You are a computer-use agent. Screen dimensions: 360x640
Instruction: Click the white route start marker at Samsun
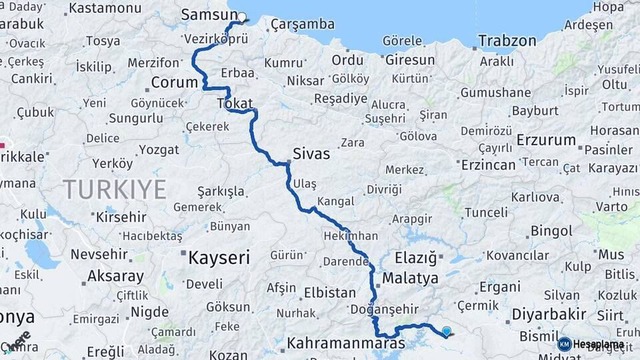pyautogui.click(x=242, y=17)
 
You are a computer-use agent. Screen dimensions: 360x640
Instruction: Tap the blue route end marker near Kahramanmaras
pyautogui.click(x=446, y=331)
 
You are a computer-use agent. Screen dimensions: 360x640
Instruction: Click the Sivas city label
pyautogui.click(x=311, y=154)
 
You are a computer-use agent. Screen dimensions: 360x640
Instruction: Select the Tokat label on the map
pyautogui.click(x=235, y=104)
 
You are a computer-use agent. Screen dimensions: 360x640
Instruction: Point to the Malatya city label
pyautogui.click(x=411, y=278)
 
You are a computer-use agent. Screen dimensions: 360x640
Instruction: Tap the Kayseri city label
pyautogui.click(x=219, y=257)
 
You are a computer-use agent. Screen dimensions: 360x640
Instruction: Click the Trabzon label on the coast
pyautogui.click(x=507, y=41)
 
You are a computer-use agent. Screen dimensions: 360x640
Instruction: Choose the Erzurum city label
pyautogui.click(x=547, y=140)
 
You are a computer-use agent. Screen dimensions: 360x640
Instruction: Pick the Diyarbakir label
pyautogui.click(x=549, y=314)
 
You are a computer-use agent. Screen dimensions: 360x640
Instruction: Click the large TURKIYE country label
pyautogui.click(x=115, y=190)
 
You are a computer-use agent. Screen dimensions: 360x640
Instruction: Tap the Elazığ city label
pyautogui.click(x=415, y=257)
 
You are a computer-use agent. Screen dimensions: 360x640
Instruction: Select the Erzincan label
pyautogui.click(x=489, y=165)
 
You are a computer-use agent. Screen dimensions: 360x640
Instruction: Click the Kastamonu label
pyautogui.click(x=105, y=9)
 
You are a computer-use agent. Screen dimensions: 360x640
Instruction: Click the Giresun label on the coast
pyautogui.click(x=410, y=60)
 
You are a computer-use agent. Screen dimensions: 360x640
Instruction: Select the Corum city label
pyautogui.click(x=175, y=83)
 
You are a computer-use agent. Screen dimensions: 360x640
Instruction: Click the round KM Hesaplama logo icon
pyautogui.click(x=565, y=344)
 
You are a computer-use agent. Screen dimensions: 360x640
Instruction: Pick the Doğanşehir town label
pyautogui.click(x=385, y=309)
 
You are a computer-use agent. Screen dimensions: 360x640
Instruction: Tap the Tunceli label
pyautogui.click(x=485, y=213)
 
